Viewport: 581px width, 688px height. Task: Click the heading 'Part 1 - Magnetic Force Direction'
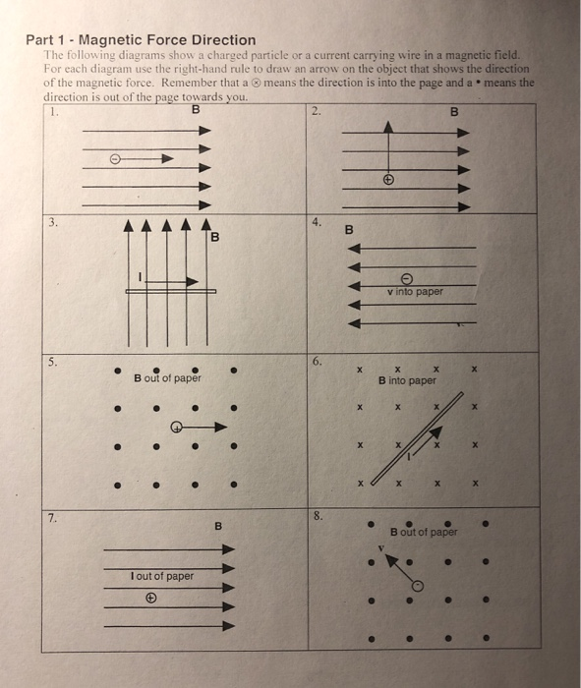144,40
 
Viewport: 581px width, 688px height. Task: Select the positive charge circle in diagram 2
389,181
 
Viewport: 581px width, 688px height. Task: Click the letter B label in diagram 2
454,111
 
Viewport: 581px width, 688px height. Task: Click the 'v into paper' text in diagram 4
414,291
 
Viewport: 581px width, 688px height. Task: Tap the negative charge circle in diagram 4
407,277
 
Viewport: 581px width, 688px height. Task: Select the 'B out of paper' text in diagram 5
167,378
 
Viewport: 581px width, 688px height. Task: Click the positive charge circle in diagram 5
176,427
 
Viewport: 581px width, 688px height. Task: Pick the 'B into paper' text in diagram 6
407,379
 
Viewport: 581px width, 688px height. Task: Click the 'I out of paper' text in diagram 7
162,576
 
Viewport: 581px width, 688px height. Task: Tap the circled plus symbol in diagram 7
151,595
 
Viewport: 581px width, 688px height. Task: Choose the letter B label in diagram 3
214,238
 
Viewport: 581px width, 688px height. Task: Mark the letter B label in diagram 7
219,527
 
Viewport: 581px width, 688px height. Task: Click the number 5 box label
52,361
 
